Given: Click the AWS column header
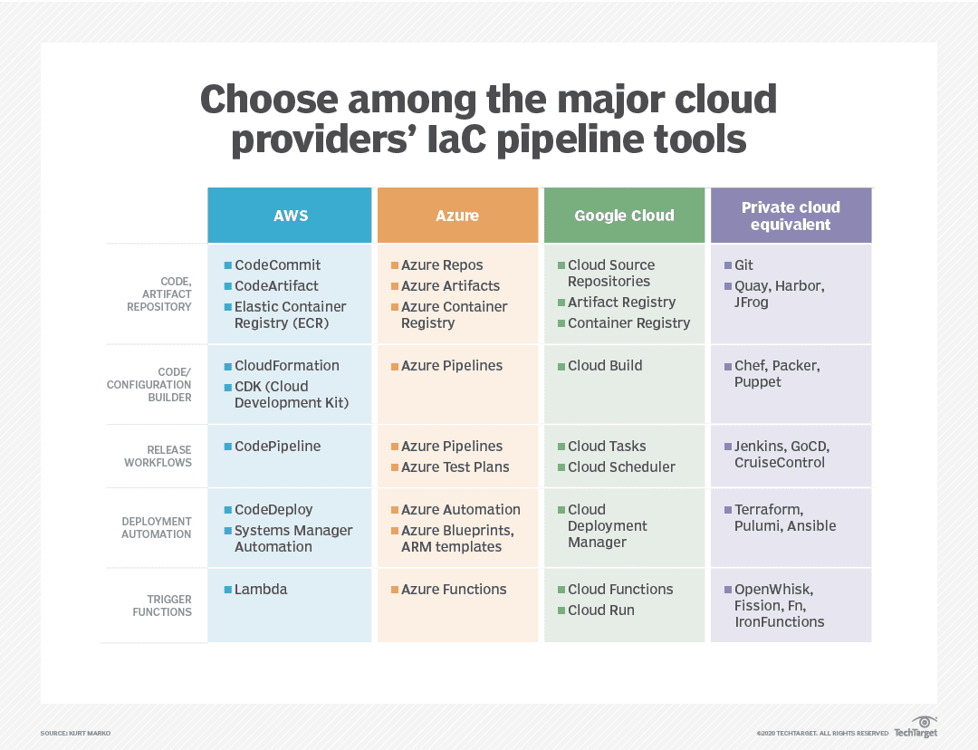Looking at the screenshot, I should click(x=290, y=216).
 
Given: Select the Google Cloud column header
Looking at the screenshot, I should click(x=624, y=216).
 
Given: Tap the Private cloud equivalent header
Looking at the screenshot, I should click(x=791, y=216).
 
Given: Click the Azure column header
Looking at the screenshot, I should click(x=457, y=216).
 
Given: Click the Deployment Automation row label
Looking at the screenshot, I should click(x=157, y=528).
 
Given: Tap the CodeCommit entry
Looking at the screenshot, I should click(x=277, y=265).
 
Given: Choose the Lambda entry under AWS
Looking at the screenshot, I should click(x=261, y=590).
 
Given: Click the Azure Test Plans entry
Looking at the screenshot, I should click(x=455, y=467).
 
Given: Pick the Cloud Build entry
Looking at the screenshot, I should click(x=605, y=366).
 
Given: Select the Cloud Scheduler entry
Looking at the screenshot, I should click(x=621, y=467).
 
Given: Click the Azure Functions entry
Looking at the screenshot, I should click(x=454, y=590).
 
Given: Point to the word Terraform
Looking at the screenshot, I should click(x=768, y=510).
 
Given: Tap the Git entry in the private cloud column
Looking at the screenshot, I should click(x=743, y=265).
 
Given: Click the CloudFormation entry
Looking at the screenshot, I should click(x=286, y=366).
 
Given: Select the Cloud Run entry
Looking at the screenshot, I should click(x=600, y=611).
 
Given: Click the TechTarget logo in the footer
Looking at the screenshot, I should click(x=916, y=727).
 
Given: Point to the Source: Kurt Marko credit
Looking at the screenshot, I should click(x=75, y=733).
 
